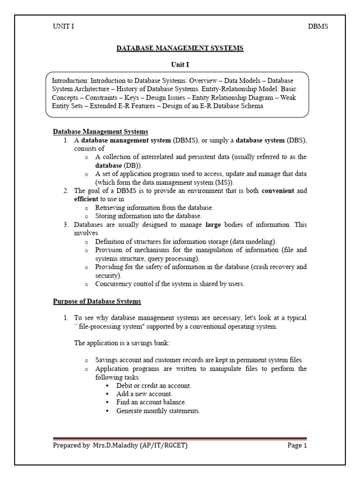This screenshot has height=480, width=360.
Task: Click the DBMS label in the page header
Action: (x=318, y=26)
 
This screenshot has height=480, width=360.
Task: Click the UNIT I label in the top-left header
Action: (x=63, y=26)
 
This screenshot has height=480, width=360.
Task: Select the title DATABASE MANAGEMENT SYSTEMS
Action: (x=180, y=48)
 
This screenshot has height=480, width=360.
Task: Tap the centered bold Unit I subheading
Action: (x=180, y=65)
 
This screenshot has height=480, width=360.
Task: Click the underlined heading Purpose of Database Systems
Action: (x=97, y=301)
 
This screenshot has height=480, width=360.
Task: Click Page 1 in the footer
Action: (x=297, y=445)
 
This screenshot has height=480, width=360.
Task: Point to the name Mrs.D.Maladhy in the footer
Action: (x=114, y=445)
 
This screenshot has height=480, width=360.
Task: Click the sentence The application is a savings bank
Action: (x=122, y=343)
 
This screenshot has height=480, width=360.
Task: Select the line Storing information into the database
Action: (x=148, y=216)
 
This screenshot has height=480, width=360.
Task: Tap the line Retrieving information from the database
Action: (x=154, y=207)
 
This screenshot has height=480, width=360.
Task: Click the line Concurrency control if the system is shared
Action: (x=170, y=284)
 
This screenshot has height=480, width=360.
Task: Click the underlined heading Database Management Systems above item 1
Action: (x=100, y=132)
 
